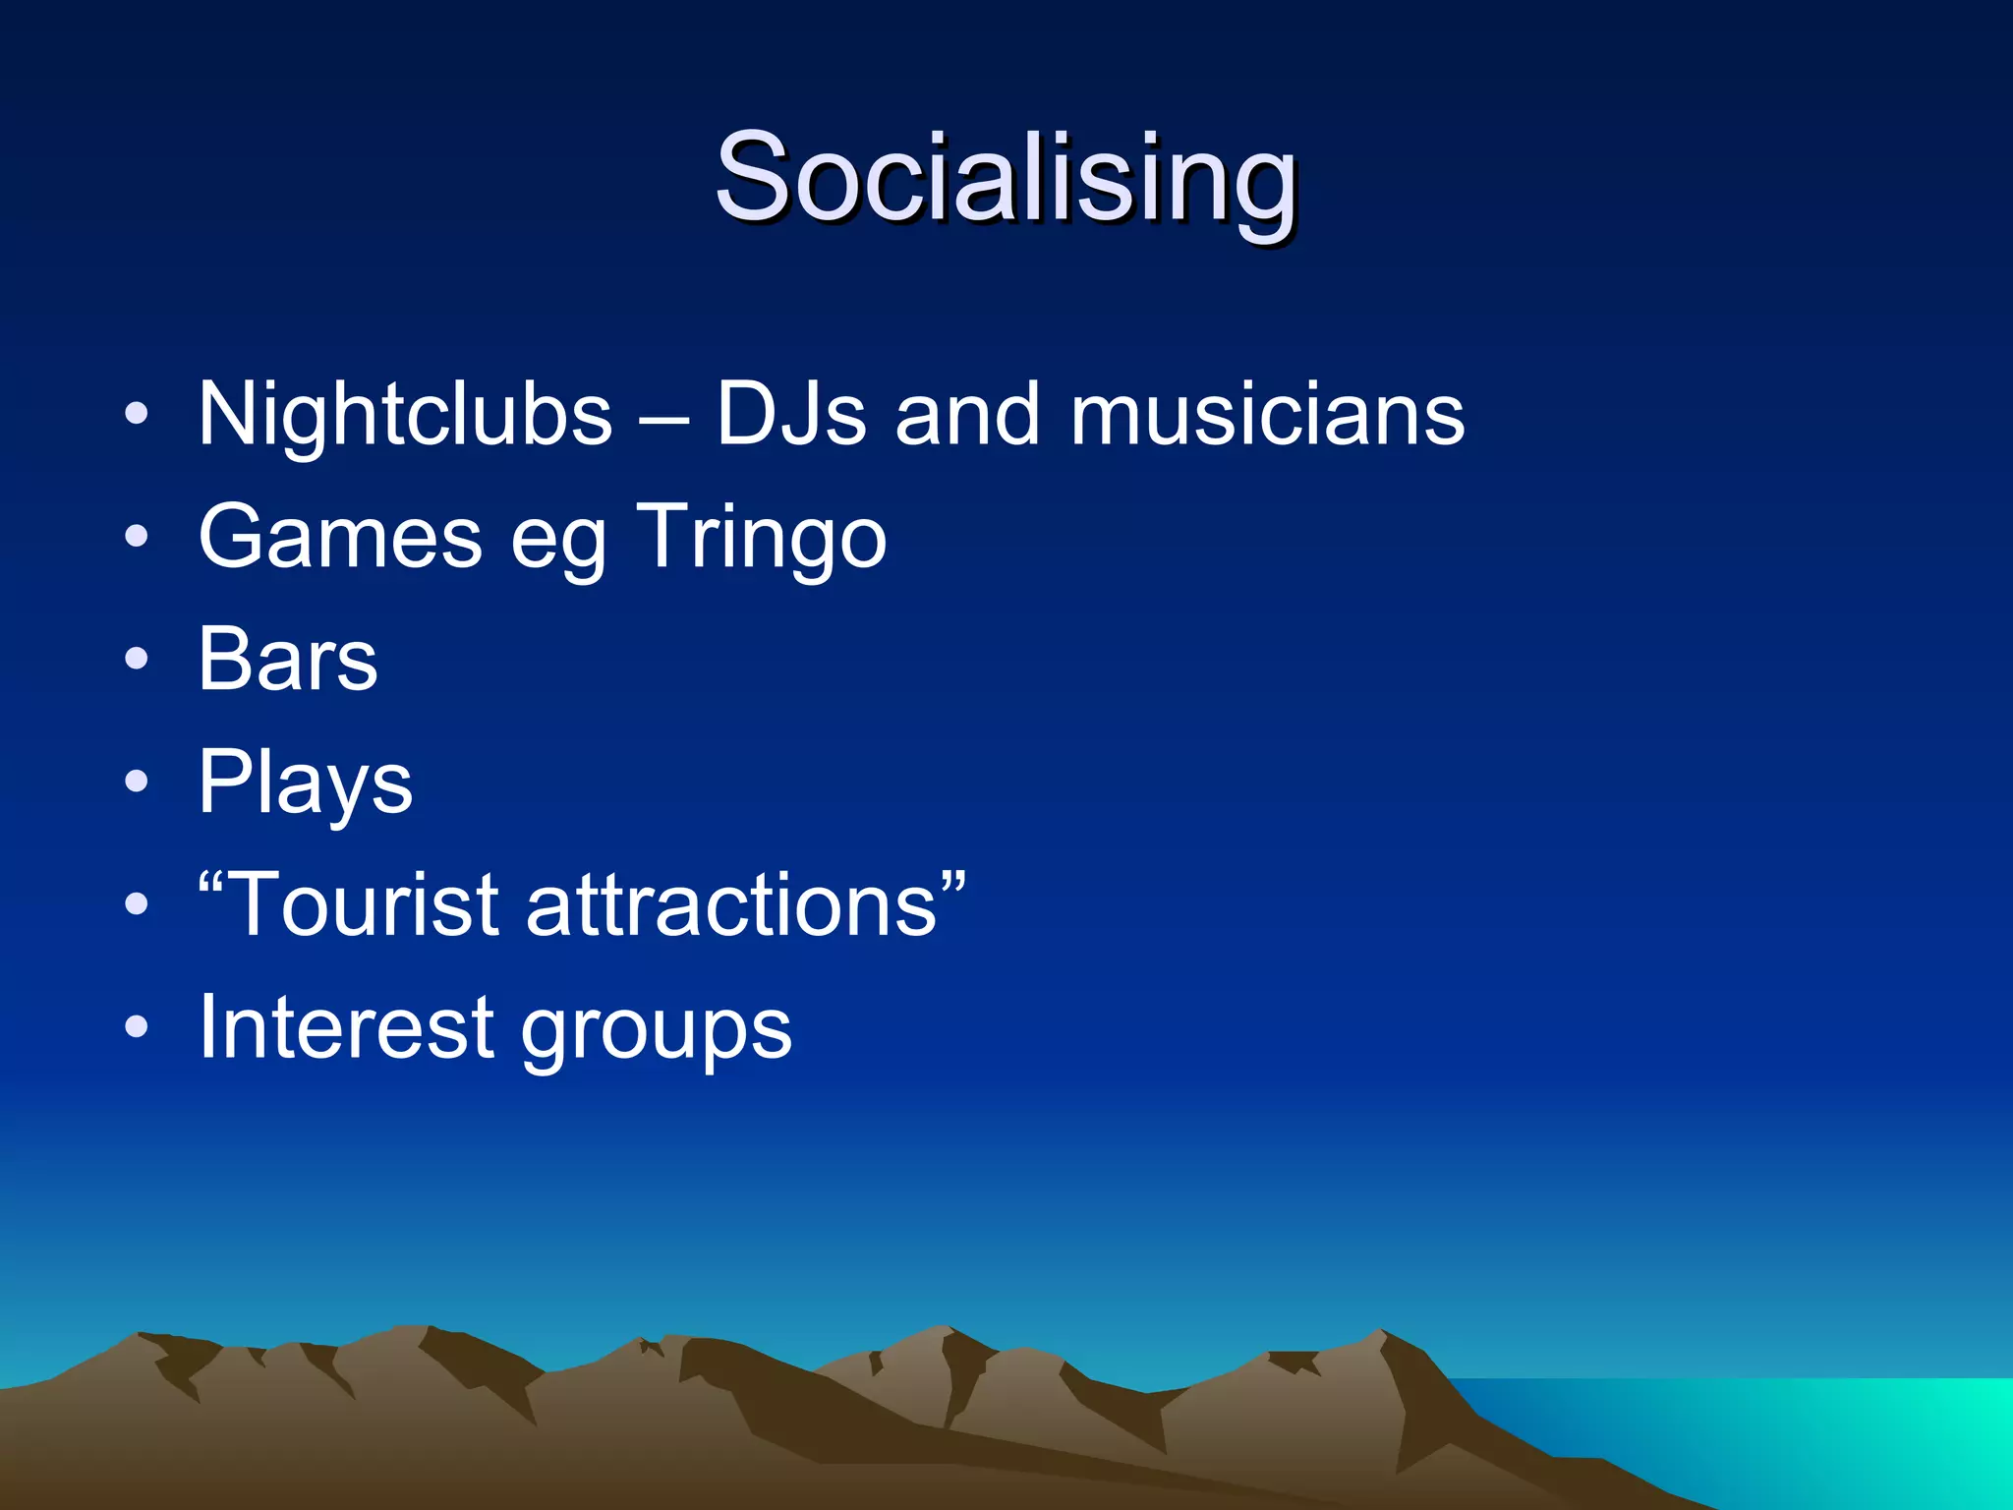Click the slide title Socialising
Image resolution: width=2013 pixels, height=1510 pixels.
tap(1006, 180)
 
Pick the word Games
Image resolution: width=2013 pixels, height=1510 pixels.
tap(340, 538)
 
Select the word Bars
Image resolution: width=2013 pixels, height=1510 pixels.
tap(288, 660)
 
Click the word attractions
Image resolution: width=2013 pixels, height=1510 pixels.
tap(732, 905)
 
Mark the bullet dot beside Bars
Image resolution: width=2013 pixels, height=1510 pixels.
tap(137, 660)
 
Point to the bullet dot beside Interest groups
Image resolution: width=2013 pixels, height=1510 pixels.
tap(137, 1027)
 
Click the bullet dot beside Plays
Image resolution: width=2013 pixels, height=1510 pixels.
tap(137, 783)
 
